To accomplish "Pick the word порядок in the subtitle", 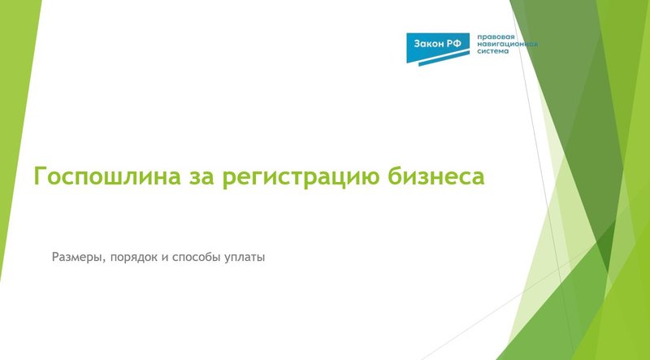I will pos(132,258).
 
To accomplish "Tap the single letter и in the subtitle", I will pos(164,258).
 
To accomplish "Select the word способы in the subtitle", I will pos(196,258).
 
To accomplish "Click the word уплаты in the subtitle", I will pos(245,258).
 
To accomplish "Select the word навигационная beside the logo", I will pos(507,44).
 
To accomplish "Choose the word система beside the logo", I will pos(492,51).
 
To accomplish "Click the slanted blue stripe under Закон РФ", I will pos(439,57).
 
